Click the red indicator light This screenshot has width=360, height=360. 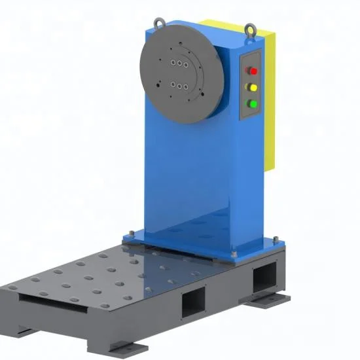(250, 70)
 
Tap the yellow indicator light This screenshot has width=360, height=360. (250, 86)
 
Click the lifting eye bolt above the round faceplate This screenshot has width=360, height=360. (159, 24)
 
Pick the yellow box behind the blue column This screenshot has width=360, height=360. (268, 98)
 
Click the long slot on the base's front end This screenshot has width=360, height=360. (49, 301)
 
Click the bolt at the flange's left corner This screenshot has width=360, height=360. (125, 234)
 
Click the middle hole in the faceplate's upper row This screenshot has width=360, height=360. (177, 63)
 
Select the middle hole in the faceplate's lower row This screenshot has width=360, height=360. (177, 84)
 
